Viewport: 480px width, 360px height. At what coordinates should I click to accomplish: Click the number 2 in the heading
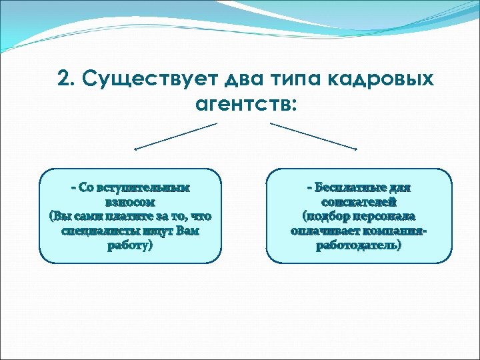(65, 79)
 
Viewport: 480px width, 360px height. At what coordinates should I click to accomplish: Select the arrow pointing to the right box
(313, 136)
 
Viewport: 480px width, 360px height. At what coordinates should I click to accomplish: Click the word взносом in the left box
(130, 202)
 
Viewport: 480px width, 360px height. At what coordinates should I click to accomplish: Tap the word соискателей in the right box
(359, 202)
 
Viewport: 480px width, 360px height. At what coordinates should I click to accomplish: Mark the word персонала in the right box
(385, 217)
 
